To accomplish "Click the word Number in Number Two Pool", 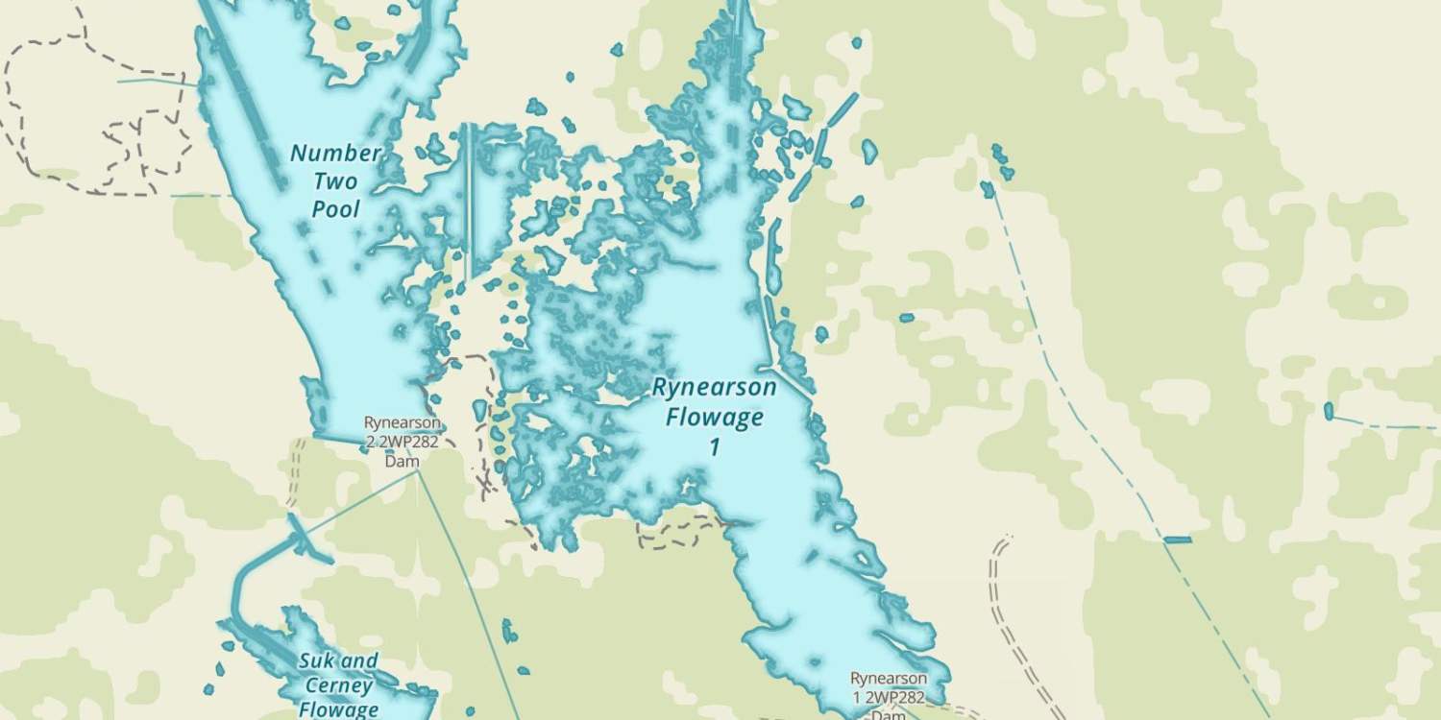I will (336, 154).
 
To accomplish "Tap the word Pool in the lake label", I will (336, 209).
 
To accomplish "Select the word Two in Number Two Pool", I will (335, 181).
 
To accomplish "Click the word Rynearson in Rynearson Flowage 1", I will (714, 388).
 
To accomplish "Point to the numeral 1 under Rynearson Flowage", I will (714, 447).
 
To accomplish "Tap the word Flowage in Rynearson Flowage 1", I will (715, 418).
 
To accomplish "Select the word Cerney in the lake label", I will (338, 685).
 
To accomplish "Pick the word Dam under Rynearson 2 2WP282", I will (403, 462).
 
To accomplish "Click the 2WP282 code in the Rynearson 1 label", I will (894, 698).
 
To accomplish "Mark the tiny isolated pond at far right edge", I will (1329, 411).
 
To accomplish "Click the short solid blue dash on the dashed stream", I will (1178, 540).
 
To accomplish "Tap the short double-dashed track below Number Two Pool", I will (295, 470).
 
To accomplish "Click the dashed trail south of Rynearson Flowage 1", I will (677, 533).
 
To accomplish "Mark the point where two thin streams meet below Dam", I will (417, 472).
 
